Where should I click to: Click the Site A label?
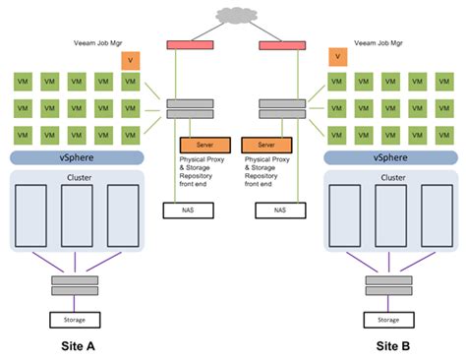point(76,346)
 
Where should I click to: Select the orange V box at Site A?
point(130,61)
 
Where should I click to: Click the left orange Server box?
point(204,144)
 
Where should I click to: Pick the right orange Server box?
point(265,144)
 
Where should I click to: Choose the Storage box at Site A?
point(76,320)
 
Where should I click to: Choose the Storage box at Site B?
point(388,320)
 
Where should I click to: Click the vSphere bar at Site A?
point(76,156)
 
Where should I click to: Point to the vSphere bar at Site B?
point(388,156)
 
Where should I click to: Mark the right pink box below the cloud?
point(277,45)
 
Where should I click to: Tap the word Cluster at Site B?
point(390,178)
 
